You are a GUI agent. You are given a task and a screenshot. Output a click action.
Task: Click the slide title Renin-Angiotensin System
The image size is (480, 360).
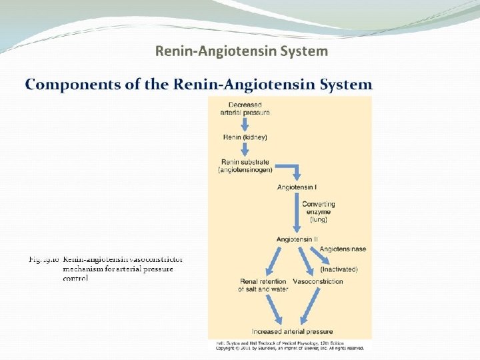pyautogui.click(x=241, y=51)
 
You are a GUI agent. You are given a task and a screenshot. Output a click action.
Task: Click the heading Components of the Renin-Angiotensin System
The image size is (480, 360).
pyautogui.click(x=199, y=85)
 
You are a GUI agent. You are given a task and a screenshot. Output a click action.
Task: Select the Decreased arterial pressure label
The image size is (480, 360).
pyautogui.click(x=245, y=108)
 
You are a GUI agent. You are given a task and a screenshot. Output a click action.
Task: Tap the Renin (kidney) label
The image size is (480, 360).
pyautogui.click(x=245, y=137)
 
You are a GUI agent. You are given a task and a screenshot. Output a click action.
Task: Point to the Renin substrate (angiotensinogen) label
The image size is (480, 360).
pyautogui.click(x=245, y=166)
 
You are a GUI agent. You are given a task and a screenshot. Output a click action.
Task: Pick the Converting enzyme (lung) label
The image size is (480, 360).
pyautogui.click(x=319, y=211)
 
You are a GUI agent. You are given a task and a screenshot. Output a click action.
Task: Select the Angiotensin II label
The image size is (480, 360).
pyautogui.click(x=297, y=239)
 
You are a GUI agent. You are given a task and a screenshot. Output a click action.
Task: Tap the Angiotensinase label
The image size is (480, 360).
pyautogui.click(x=343, y=249)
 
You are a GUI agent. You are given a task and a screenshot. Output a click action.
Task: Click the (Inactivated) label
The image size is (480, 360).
pyautogui.click(x=339, y=269)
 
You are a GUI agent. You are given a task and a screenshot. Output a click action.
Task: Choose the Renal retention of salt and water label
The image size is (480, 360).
pyautogui.click(x=264, y=285)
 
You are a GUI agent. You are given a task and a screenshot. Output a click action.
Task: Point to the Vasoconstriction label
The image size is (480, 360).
pyautogui.click(x=318, y=281)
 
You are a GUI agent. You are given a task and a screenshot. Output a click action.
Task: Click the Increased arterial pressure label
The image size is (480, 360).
pyautogui.click(x=292, y=331)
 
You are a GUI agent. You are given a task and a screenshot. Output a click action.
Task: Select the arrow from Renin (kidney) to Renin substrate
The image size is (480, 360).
pyautogui.click(x=245, y=149)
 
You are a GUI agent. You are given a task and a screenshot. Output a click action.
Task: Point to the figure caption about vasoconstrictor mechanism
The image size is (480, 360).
pyautogui.click(x=107, y=269)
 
